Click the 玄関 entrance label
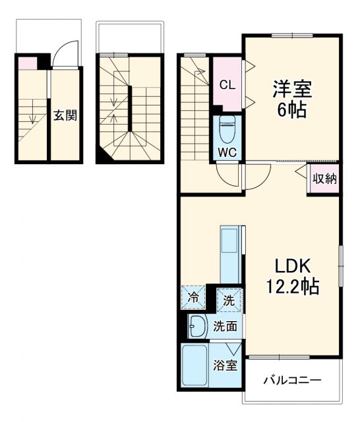[65, 116]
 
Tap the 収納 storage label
[323, 178]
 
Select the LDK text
[289, 266]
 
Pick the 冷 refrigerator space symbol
[193, 298]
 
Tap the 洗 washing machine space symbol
[228, 299]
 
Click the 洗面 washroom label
[224, 326]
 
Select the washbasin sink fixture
[196, 326]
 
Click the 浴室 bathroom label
[225, 365]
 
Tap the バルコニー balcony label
[292, 380]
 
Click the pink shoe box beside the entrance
[27, 63]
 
